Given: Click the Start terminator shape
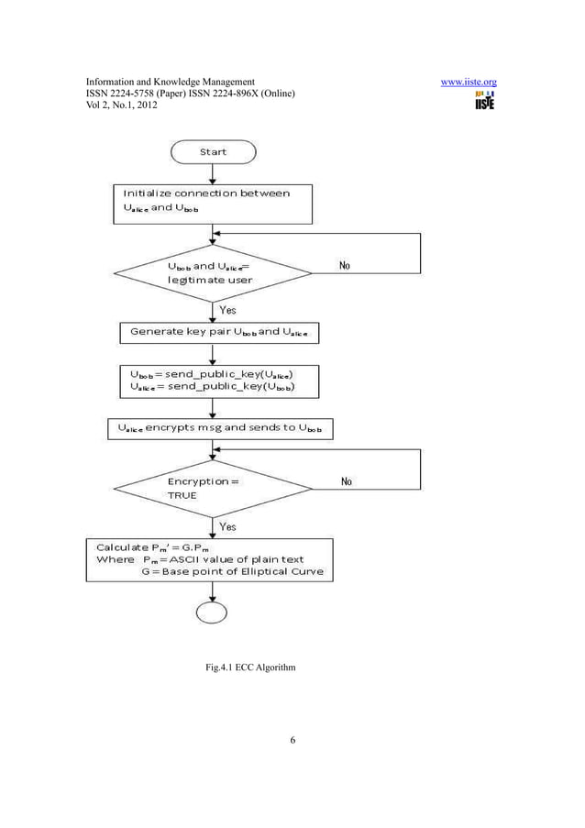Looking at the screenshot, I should (x=213, y=151).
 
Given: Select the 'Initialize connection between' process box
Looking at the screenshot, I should (x=212, y=203).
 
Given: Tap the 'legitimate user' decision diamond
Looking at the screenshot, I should (x=212, y=272).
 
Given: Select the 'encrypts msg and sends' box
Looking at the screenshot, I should (x=220, y=428).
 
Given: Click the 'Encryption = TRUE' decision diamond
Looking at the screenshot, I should (x=212, y=488).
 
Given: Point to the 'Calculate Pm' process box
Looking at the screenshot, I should (x=210, y=559).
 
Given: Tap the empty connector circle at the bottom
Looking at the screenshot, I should (x=212, y=612).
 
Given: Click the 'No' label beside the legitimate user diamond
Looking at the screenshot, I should (x=344, y=266).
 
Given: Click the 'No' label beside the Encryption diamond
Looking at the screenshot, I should (x=347, y=481).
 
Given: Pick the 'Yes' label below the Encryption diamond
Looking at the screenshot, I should (x=227, y=526).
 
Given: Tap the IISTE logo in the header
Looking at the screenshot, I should (x=483, y=100).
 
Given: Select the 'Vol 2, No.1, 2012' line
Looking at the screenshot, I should (x=122, y=106).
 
